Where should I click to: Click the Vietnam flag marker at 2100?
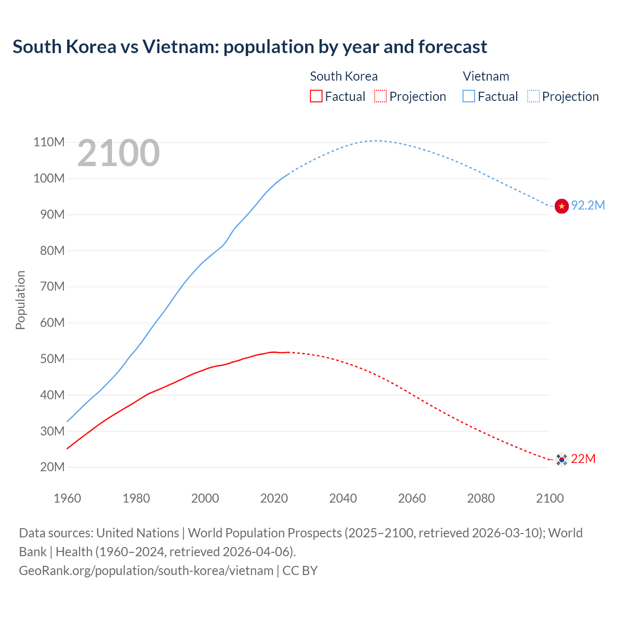562,206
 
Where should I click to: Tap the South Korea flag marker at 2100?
562,459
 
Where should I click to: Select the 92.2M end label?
588,206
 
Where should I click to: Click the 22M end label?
583,459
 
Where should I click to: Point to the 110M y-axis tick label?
49,142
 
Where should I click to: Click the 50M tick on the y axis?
52,359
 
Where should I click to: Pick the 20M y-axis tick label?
52,467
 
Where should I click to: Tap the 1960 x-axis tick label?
67,499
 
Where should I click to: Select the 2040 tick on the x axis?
343,499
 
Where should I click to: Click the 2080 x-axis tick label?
481,499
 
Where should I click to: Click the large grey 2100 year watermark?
118,153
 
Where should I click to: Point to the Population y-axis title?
20,300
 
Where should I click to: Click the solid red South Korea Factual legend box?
316,97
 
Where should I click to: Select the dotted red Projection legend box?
380,97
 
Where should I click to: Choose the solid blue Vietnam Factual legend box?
469,97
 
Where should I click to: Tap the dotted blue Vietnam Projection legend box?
534,97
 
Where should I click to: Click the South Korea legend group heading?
344,77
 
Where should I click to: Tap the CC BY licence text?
300,571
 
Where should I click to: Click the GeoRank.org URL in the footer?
146,571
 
